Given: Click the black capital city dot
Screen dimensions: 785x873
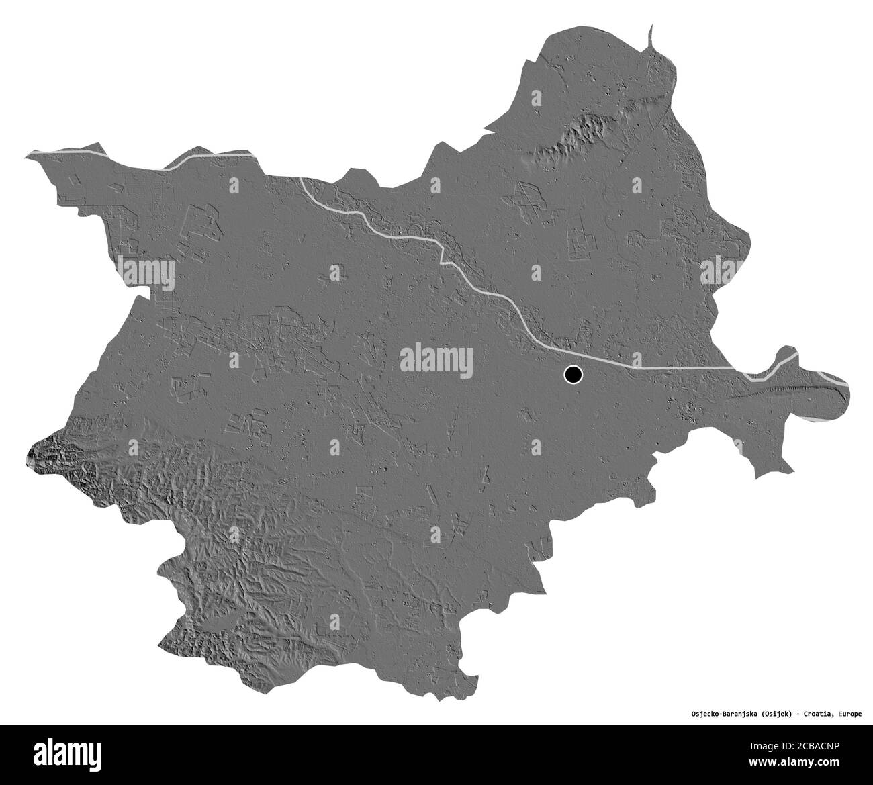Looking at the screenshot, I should [573, 375].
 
